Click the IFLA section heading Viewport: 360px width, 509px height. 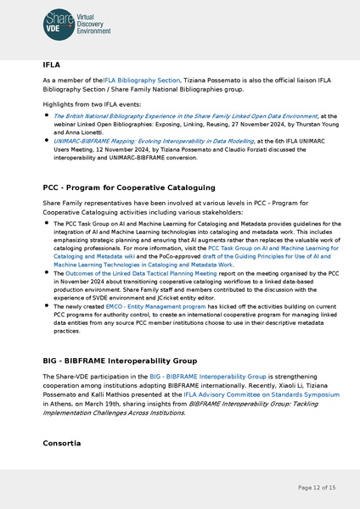coord(51,64)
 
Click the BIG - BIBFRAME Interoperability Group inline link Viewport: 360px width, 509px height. coord(208,376)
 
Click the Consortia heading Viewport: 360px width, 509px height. coord(62,444)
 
